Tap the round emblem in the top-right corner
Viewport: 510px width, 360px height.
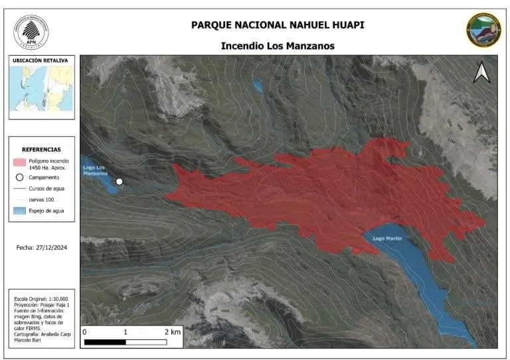pyautogui.click(x=483, y=30)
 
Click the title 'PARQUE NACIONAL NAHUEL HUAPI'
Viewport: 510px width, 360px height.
pyautogui.click(x=277, y=25)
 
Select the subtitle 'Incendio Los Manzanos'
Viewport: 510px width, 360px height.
pyautogui.click(x=277, y=46)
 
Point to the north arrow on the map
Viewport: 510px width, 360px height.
pyautogui.click(x=481, y=72)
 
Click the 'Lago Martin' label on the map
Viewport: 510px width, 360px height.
pyautogui.click(x=387, y=238)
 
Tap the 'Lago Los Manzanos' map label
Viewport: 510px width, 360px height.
pyautogui.click(x=95, y=170)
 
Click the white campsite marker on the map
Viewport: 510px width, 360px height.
pyautogui.click(x=120, y=181)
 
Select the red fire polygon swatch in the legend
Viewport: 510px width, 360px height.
pyautogui.click(x=20, y=161)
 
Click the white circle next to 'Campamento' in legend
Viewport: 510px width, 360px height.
pyautogui.click(x=20, y=178)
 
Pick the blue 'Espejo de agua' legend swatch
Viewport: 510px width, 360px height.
pyautogui.click(x=20, y=211)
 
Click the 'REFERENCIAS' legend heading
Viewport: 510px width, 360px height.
pyautogui.click(x=41, y=150)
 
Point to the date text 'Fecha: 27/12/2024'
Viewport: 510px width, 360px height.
pyautogui.click(x=42, y=247)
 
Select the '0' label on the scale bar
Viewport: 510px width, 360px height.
pyautogui.click(x=84, y=331)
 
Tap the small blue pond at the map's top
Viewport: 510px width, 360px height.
pyautogui.click(x=257, y=86)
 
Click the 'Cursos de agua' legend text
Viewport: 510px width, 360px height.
pyautogui.click(x=46, y=189)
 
